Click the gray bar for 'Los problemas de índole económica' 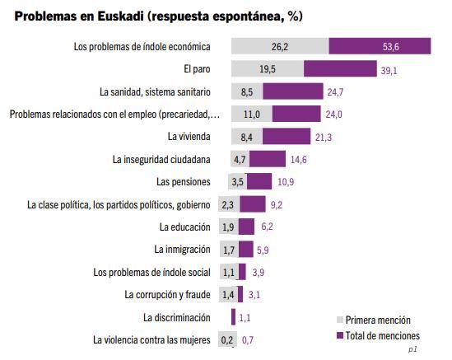point(280,47)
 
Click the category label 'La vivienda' point(189,136)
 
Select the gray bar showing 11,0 point(252,114)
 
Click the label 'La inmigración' point(182,249)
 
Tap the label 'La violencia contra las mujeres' point(151,339)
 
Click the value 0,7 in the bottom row point(248,339)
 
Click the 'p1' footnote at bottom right point(412,349)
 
